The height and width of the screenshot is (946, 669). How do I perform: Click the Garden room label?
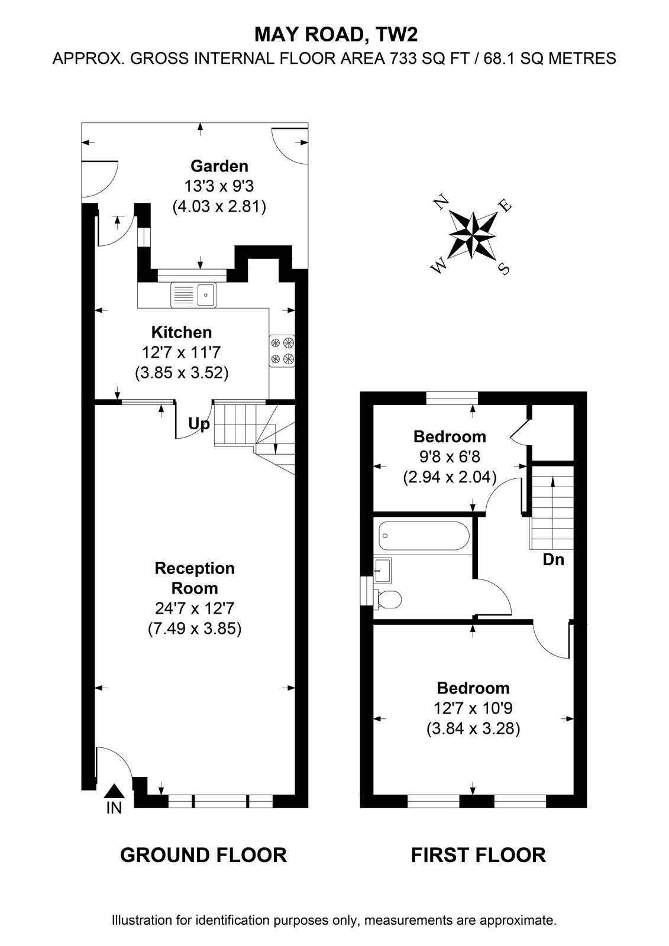(x=219, y=166)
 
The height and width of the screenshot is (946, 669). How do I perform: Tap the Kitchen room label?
(x=182, y=332)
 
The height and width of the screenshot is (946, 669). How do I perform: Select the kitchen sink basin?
(x=206, y=295)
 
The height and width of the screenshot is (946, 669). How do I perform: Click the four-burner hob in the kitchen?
(x=282, y=351)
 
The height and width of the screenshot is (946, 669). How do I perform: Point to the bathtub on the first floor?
(x=424, y=536)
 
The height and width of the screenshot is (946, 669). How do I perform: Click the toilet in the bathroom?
(x=387, y=599)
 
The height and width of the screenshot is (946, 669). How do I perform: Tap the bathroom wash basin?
(x=383, y=570)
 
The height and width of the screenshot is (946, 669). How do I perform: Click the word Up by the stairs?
(x=199, y=423)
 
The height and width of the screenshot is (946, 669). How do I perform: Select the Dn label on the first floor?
(x=553, y=559)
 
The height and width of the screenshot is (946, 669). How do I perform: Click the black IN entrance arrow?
(x=114, y=791)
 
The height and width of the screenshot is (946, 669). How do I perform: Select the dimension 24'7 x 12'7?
(x=195, y=608)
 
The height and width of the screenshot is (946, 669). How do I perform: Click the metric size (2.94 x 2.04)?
(x=450, y=477)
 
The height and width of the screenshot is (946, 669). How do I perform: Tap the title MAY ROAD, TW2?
(x=336, y=35)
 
